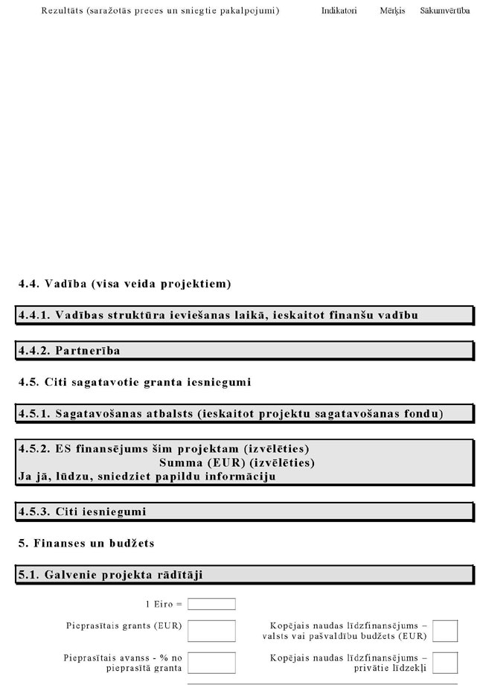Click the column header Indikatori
pos(339,11)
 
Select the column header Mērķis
pos(392,11)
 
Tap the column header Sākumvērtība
pos(444,11)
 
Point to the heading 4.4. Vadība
pos(124,284)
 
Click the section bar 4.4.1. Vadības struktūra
pos(245,315)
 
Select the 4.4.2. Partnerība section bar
pos(245,350)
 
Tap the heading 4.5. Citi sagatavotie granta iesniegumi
pos(135,382)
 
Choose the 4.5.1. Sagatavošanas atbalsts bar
pos(245,413)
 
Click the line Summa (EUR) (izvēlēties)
pos(237,462)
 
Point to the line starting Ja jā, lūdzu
pos(147,477)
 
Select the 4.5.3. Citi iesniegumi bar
pos(245,512)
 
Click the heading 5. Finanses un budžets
pos(86,543)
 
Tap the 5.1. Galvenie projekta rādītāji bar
pos(245,575)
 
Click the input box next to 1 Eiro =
pos(211,604)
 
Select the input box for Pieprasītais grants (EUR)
pos(211,631)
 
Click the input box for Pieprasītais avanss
pos(211,663)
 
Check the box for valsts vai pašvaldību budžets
pos(445,631)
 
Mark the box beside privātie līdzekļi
pos(445,663)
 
